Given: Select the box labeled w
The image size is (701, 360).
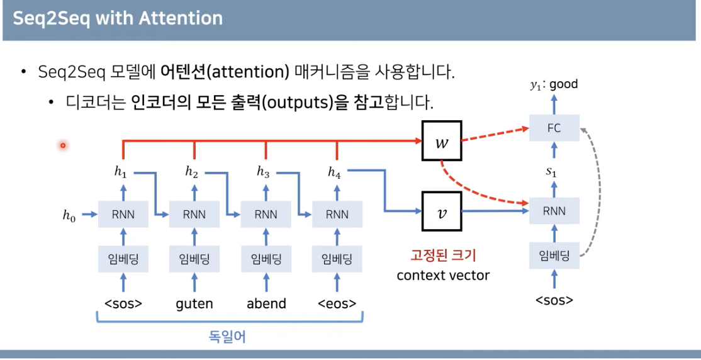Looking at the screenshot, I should (x=442, y=141).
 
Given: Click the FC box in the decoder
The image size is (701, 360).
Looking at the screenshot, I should (x=554, y=128).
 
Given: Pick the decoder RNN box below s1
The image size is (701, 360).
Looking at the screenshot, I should (x=554, y=211).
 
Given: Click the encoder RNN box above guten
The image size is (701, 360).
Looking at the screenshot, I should (x=194, y=215).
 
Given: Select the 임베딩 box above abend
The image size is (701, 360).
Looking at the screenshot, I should (x=266, y=259).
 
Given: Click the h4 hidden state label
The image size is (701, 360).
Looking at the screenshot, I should (x=334, y=171).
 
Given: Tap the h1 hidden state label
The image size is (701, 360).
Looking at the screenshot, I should (x=120, y=171).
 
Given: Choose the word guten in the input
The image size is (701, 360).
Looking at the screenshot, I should (x=194, y=303).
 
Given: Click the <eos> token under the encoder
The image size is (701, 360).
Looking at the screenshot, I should (x=337, y=303).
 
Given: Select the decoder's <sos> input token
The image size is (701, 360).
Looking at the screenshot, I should (x=554, y=300).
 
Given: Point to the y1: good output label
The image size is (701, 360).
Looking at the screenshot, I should (x=554, y=84).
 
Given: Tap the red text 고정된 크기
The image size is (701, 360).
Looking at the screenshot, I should (x=443, y=256).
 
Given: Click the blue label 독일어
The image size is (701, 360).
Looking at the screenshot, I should (x=227, y=337).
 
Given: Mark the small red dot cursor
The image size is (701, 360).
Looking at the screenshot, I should (x=63, y=146).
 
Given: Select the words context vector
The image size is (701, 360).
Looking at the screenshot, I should (x=443, y=275).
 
